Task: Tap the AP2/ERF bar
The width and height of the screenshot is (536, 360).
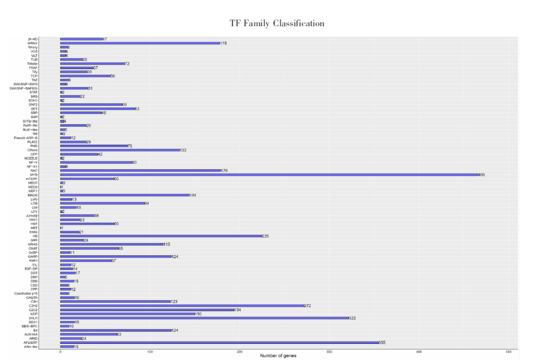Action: click(x=219, y=342)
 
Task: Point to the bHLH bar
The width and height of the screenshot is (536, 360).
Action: click(x=204, y=318)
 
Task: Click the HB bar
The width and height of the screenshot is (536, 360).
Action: click(x=161, y=236)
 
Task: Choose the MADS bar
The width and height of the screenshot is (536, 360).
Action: click(x=124, y=195)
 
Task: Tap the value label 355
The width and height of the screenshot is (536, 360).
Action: click(x=382, y=342)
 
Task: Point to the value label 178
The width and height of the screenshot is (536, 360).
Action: click(x=223, y=43)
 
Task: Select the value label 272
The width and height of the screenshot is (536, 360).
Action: click(x=307, y=306)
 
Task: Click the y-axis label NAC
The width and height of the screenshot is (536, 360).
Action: click(x=34, y=170)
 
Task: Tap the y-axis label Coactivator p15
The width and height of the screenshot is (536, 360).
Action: click(x=26, y=293)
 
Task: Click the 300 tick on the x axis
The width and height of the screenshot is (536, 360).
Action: click(x=329, y=352)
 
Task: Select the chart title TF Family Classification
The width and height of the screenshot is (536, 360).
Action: click(x=277, y=23)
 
